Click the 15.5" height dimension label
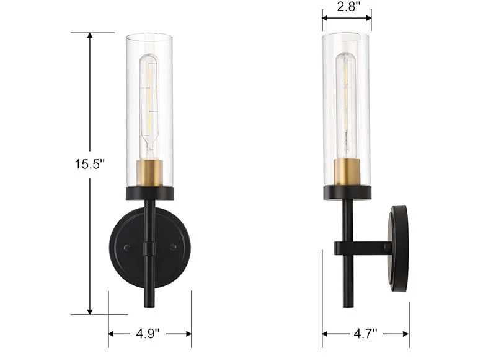[89, 164]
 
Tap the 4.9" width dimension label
[148, 333]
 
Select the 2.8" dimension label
[348, 6]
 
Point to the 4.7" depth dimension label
[366, 333]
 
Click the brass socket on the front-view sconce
[149, 173]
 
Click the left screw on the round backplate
[127, 248]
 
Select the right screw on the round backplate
[173, 247]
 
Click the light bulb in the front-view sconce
[149, 107]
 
